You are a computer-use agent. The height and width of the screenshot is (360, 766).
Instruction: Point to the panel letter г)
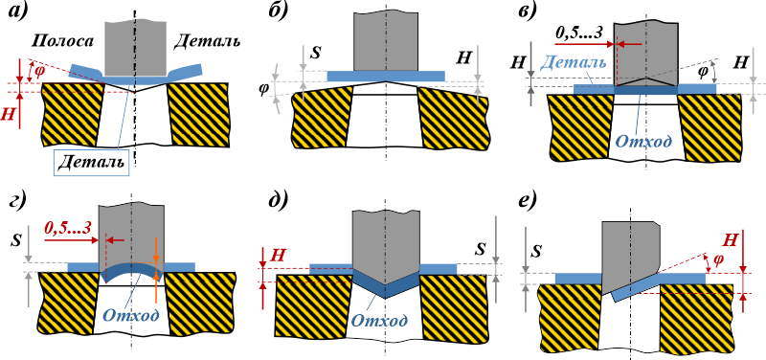[x=19, y=199]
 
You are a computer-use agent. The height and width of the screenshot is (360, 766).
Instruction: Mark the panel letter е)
[x=531, y=199]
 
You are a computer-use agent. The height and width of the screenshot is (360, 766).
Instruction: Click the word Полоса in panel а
[x=62, y=42]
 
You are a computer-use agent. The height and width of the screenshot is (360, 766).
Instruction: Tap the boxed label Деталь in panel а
[x=92, y=162]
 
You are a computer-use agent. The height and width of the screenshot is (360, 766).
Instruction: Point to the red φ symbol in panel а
[x=40, y=71]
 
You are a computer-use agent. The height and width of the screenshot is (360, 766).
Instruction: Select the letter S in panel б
[x=316, y=53]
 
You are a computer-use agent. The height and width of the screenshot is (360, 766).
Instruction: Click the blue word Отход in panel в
[x=642, y=141]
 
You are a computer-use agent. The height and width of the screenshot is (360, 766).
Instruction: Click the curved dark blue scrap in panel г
[x=132, y=270]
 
